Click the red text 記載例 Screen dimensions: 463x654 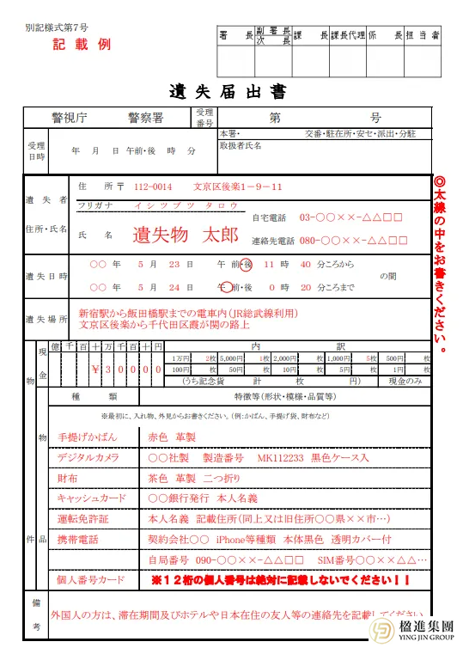[82, 45]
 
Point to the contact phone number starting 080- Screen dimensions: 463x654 [350, 240]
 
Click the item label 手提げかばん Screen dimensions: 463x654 [83, 437]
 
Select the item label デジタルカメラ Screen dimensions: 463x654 [87, 457]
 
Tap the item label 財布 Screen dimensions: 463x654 [67, 478]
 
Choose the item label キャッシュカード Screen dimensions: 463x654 [89, 498]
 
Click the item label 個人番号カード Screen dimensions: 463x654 [88, 580]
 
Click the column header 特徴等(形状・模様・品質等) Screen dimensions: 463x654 [278, 397]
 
